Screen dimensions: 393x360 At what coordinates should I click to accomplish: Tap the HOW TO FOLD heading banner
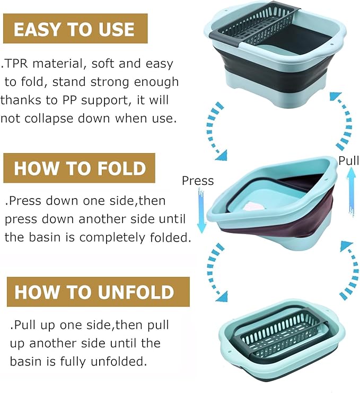pyautogui.click(x=79, y=168)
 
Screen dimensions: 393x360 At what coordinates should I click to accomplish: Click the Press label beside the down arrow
pyautogui.click(x=197, y=181)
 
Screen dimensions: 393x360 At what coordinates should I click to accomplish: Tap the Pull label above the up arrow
pyautogui.click(x=348, y=160)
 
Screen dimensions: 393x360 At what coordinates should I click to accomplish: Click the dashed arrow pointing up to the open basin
pyautogui.click(x=340, y=119)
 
